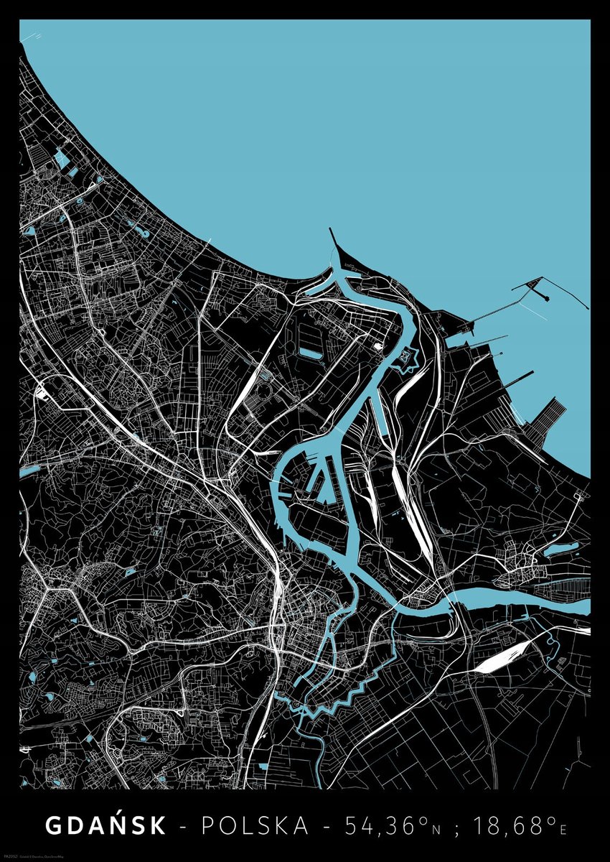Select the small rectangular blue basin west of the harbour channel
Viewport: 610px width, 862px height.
311,353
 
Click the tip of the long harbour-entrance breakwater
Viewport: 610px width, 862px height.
331,231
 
